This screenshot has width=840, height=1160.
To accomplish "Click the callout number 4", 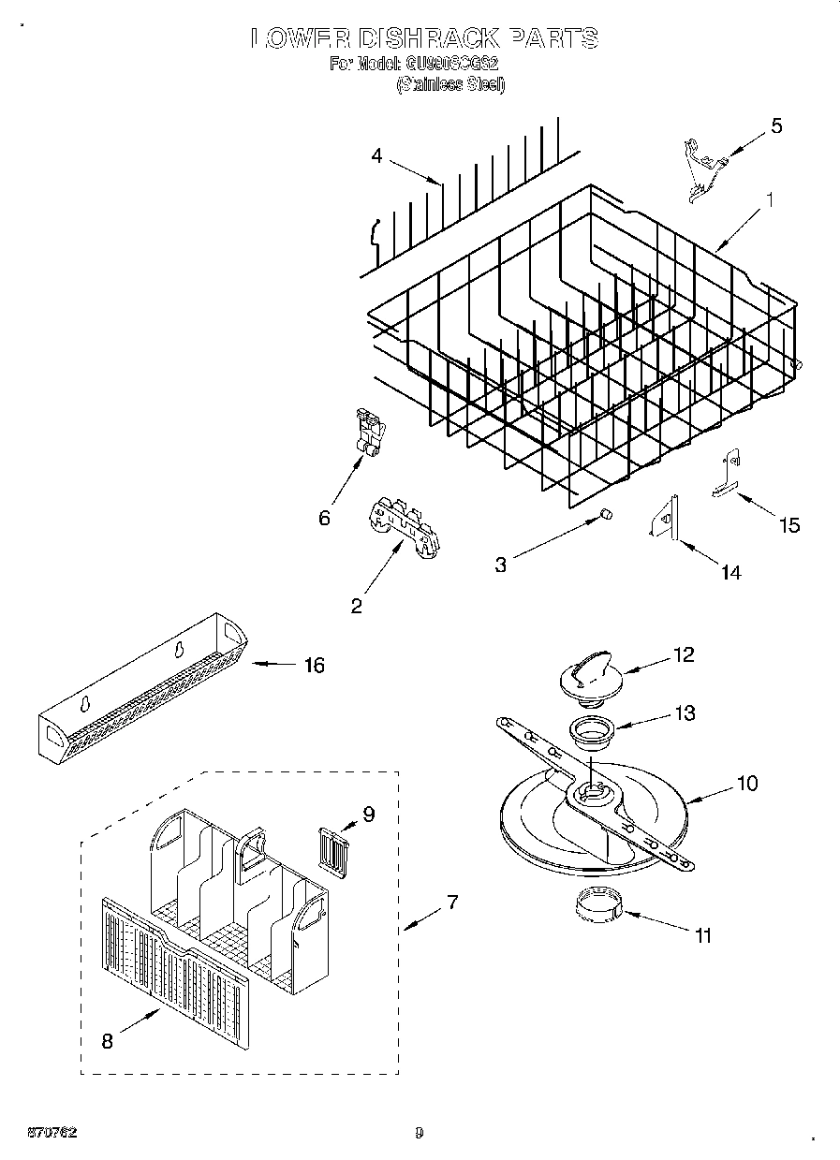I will [x=376, y=155].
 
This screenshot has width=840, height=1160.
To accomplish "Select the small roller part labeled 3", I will [x=605, y=514].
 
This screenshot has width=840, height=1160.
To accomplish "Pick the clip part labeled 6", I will [x=369, y=432].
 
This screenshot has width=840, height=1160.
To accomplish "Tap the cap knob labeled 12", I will [x=586, y=677].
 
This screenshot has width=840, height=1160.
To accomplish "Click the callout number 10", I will [x=746, y=783].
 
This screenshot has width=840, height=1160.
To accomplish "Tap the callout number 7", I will [x=451, y=903].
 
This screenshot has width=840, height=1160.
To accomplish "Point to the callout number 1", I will [x=769, y=199].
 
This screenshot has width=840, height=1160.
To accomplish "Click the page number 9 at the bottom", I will [x=419, y=1133].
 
